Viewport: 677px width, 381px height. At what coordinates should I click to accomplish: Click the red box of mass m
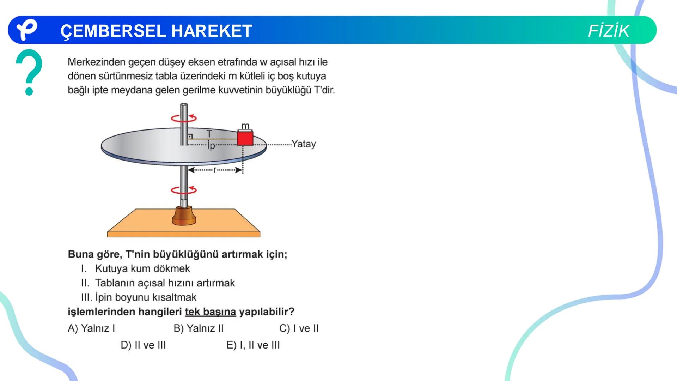[x=245, y=138]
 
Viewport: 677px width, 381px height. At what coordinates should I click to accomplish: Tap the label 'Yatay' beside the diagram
[x=303, y=144]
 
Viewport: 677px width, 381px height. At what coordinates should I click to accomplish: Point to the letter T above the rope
[x=209, y=134]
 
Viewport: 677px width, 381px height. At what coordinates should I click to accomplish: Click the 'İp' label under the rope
[x=211, y=145]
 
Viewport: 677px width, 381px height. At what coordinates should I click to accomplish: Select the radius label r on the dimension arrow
[x=215, y=170]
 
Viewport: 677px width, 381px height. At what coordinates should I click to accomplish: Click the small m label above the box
[x=245, y=126]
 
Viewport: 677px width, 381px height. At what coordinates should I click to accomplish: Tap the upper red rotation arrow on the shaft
[x=184, y=118]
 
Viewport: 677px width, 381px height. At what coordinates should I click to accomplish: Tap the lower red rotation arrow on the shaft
[x=184, y=190]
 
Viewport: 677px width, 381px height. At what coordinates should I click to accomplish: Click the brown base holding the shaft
[x=184, y=216]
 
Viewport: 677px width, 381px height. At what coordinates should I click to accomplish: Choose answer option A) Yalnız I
[x=91, y=328]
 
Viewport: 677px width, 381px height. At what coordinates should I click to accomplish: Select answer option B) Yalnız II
[x=199, y=328]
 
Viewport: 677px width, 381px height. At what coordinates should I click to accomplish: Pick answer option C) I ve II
[x=299, y=328]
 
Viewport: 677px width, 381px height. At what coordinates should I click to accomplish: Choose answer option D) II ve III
[x=143, y=345]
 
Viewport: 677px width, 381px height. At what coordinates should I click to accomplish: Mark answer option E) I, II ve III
[x=253, y=345]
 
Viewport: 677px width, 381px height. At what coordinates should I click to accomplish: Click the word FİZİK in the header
[x=608, y=31]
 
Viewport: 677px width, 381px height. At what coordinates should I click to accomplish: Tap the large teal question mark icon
[x=29, y=72]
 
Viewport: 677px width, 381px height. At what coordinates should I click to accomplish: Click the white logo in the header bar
[x=27, y=30]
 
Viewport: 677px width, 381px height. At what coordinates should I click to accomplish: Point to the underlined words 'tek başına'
[x=210, y=312]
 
